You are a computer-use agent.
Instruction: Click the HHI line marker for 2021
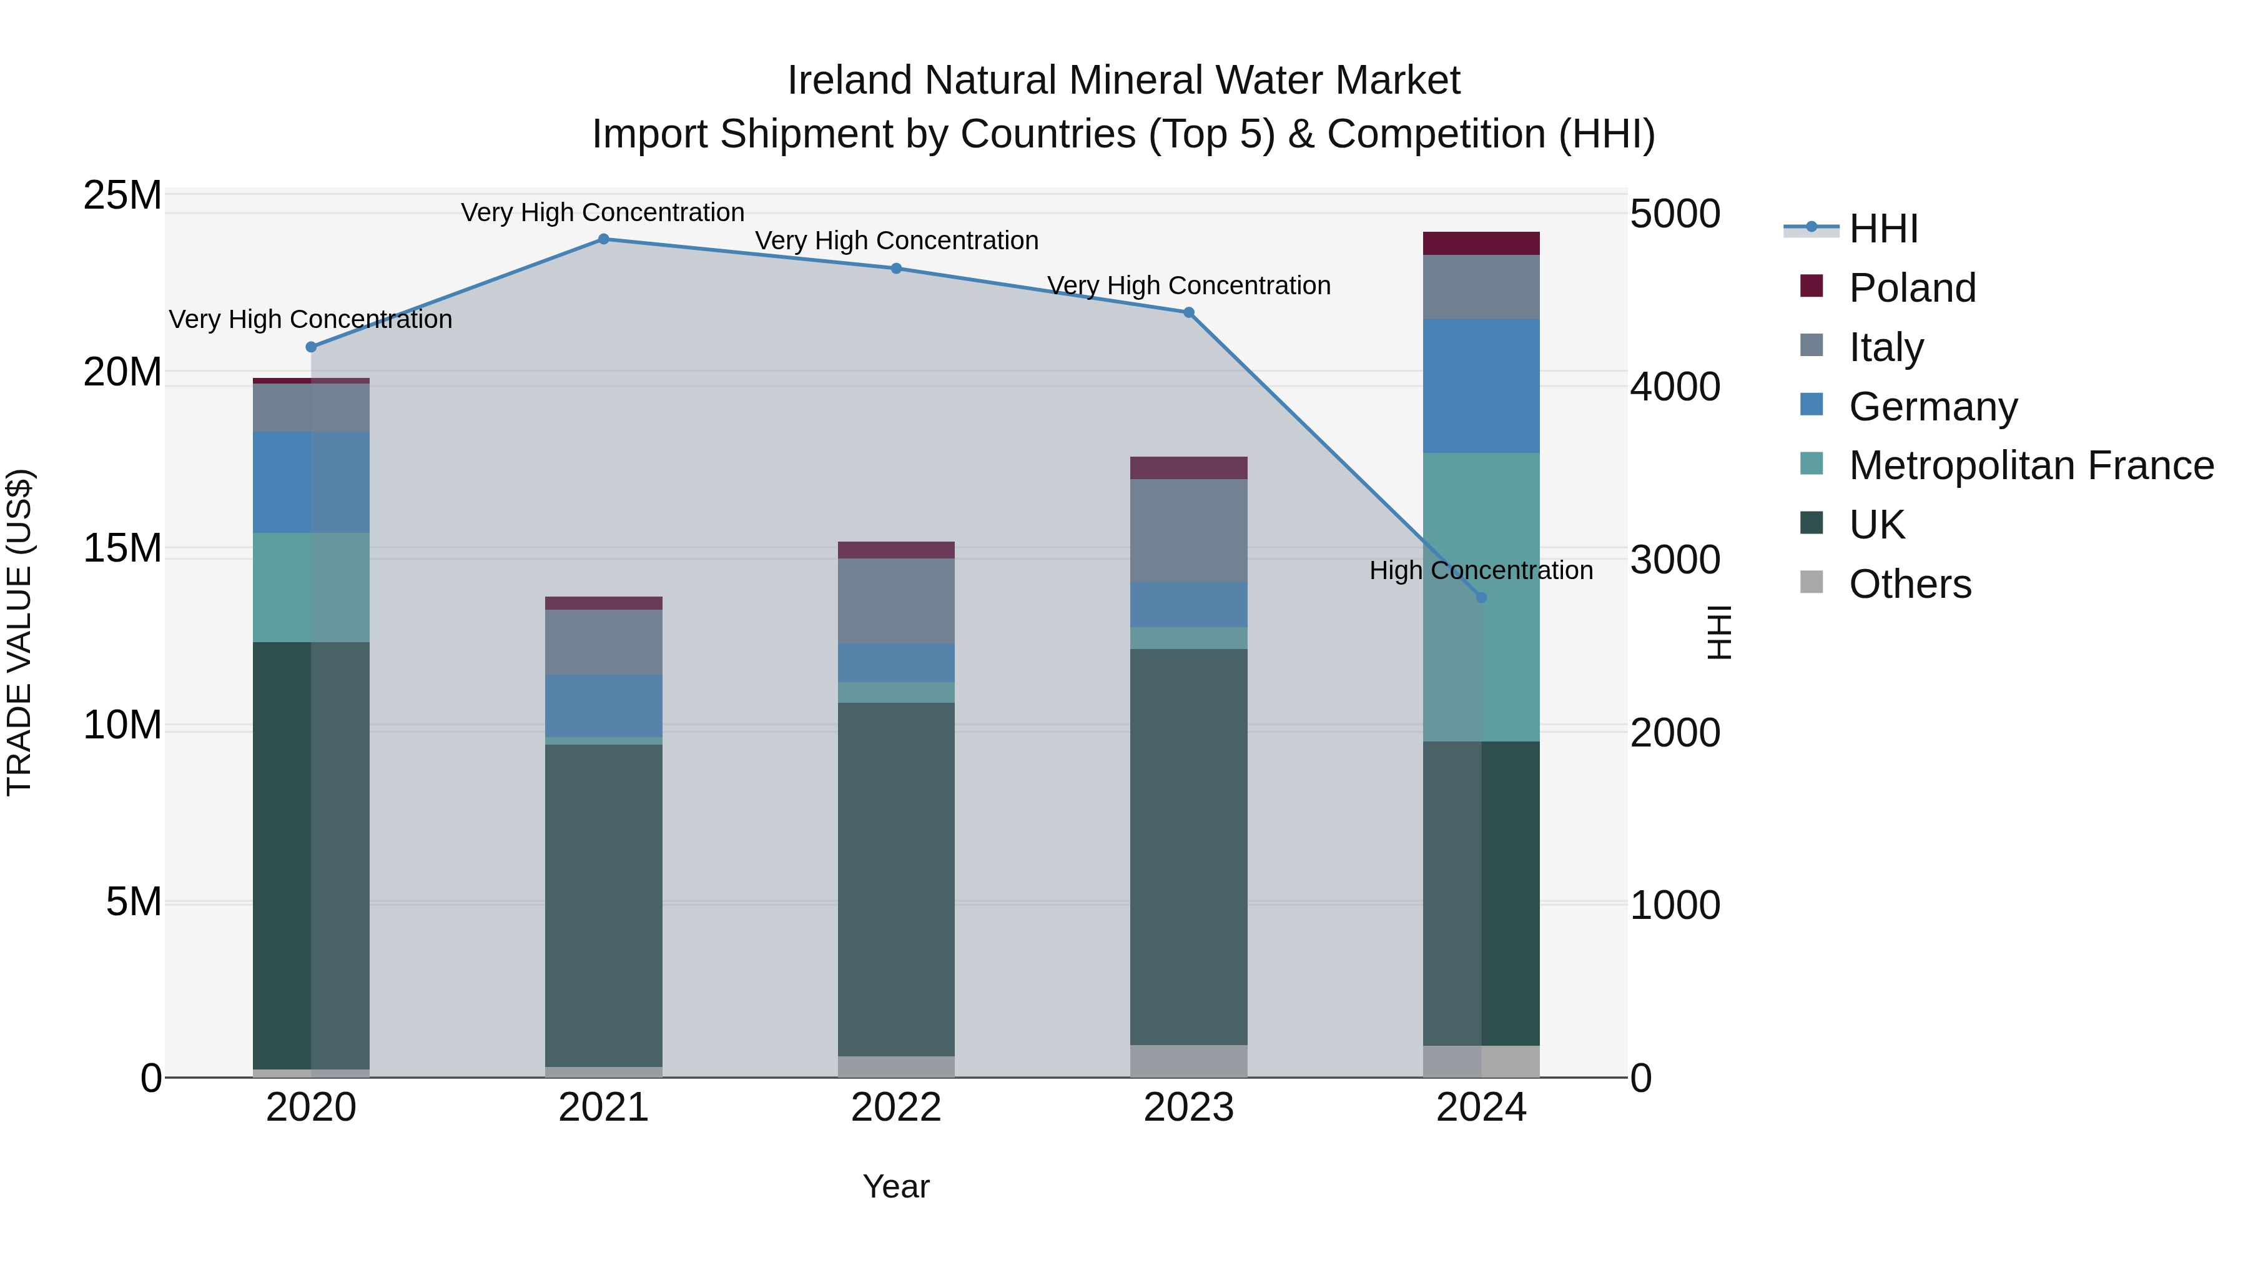[603, 239]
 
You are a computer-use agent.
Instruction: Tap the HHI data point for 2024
[1481, 598]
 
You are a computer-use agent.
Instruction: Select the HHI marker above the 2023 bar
[1188, 312]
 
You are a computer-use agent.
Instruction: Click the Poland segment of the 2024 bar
[1481, 244]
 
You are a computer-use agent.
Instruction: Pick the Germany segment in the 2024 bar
[1481, 386]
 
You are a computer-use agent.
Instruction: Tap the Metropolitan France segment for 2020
[311, 588]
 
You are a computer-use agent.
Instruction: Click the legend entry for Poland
[1911, 288]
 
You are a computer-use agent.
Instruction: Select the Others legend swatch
[1812, 582]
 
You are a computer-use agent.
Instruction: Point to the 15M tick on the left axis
[122, 549]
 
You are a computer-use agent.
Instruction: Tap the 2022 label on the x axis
[896, 1108]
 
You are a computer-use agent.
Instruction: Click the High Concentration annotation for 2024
[1481, 570]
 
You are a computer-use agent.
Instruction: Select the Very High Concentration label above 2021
[603, 212]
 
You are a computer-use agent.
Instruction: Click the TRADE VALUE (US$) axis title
[19, 632]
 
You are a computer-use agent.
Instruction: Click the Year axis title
[896, 1186]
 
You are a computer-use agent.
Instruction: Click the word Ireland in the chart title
[849, 81]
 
